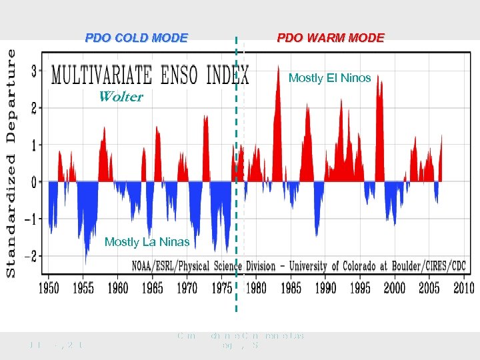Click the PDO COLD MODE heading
point(136,38)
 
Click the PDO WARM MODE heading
point(331,38)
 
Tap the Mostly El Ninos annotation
point(329,78)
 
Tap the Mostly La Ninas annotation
point(147,242)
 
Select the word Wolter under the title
point(120,97)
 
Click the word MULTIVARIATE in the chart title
point(101,75)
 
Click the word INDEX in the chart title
point(227,75)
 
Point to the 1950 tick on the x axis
point(48,288)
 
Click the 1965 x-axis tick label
point(152,288)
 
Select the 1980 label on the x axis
point(256,288)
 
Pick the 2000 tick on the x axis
point(394,288)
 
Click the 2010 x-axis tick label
point(463,288)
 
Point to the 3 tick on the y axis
point(34,70)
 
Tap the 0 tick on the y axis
point(34,182)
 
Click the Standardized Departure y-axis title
point(11,161)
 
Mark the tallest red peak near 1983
point(277,68)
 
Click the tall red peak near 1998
point(379,80)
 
